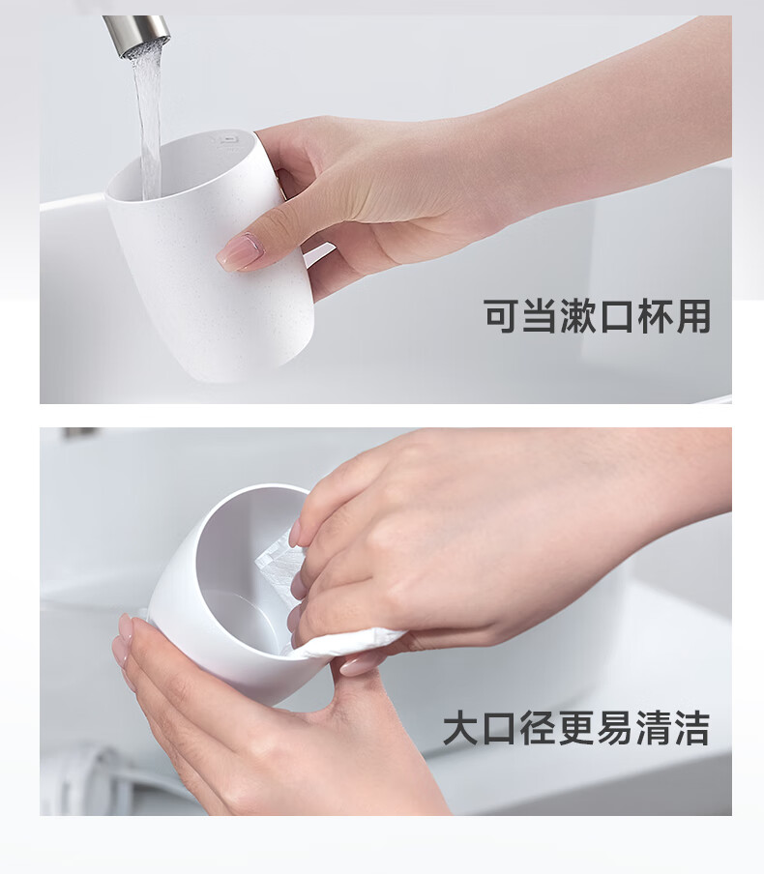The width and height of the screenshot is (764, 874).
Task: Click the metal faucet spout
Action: tap(136, 34)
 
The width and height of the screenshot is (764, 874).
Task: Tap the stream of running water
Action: tap(148, 123)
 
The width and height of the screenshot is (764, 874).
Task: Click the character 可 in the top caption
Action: tap(501, 316)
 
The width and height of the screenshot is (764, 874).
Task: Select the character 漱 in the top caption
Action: tap(577, 316)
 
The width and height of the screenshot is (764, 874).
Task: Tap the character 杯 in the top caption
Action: tap(655, 316)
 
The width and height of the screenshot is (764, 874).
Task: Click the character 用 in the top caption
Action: tap(693, 316)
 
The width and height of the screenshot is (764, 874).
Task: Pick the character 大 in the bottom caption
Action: tap(461, 728)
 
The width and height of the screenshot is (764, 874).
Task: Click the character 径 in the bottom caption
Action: tap(538, 728)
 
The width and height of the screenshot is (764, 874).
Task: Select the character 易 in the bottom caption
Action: tap(615, 728)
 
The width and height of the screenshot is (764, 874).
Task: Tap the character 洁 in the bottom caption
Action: tap(692, 728)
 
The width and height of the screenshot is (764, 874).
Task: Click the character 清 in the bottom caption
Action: tap(654, 728)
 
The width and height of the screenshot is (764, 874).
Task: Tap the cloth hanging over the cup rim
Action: tap(346, 642)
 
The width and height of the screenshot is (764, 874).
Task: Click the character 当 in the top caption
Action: tap(540, 316)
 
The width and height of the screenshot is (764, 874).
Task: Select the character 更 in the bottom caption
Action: tap(576, 728)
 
